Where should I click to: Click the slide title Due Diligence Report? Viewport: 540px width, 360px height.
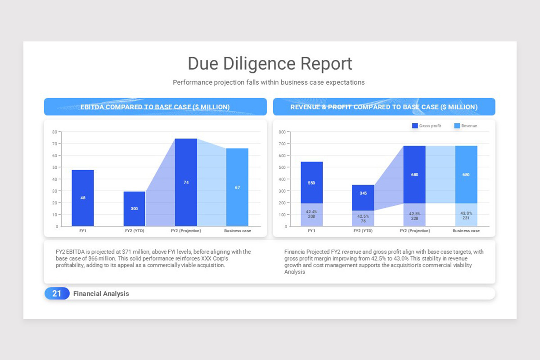coord(270,64)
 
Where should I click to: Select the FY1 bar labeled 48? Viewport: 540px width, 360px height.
coord(83,198)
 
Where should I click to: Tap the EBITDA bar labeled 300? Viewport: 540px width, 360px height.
coord(135,209)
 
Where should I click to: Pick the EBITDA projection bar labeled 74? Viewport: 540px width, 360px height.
coord(186,182)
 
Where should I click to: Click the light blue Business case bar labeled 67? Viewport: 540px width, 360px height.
coord(237,187)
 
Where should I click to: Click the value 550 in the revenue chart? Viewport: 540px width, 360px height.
coord(311,183)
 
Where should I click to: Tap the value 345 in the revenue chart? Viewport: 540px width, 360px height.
coord(363,193)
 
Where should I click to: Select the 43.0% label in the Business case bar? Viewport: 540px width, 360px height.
coord(466,213)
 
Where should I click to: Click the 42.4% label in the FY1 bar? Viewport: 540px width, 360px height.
coord(311,211)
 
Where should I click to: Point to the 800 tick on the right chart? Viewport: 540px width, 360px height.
coord(282,132)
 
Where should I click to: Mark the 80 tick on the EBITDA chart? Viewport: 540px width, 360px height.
coord(54,132)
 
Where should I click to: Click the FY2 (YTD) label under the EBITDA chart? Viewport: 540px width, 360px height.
coord(135,231)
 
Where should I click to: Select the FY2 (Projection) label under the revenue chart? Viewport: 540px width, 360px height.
coord(414,231)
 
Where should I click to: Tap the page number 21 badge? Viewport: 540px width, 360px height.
coord(57,293)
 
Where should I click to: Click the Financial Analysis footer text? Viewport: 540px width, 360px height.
coord(101,293)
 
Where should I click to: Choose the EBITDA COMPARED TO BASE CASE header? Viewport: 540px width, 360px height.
coord(155,107)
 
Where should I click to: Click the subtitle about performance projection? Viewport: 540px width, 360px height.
coord(269,82)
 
